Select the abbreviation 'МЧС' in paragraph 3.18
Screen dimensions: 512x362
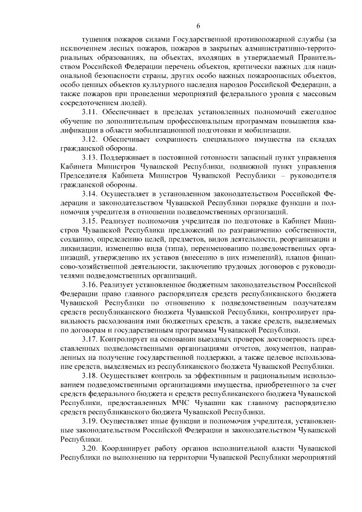point(179,405)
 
